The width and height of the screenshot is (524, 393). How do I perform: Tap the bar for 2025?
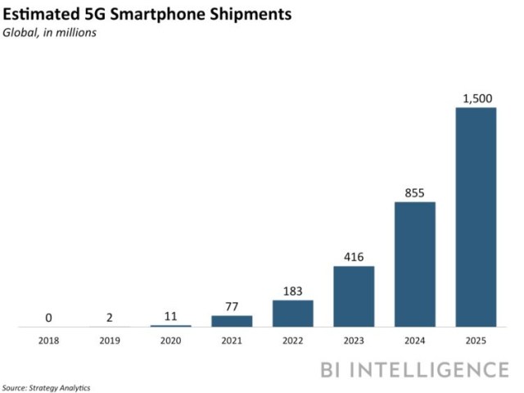[x=476, y=217]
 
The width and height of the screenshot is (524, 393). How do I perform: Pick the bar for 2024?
[x=415, y=264]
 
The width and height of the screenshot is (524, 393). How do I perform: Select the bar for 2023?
[x=354, y=296]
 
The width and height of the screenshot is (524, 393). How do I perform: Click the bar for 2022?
[x=293, y=314]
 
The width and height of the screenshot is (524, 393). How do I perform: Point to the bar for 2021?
[x=232, y=322]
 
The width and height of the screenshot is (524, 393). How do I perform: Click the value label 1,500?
[x=476, y=98]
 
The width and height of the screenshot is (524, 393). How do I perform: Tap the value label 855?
[x=415, y=192]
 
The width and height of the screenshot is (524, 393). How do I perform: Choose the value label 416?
[x=354, y=257]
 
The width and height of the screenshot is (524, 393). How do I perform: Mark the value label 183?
[x=293, y=291]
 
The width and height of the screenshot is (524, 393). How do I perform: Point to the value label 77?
[x=232, y=307]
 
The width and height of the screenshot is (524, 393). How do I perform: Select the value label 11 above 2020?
[x=170, y=317]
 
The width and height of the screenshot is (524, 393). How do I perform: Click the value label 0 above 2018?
[x=48, y=318]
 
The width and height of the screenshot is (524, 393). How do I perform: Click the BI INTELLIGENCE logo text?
[x=413, y=369]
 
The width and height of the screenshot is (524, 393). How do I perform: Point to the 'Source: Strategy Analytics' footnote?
[x=46, y=386]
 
